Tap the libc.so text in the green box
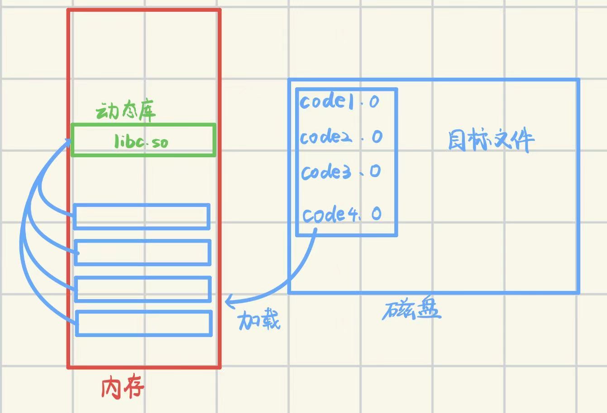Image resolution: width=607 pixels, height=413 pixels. pos(141,142)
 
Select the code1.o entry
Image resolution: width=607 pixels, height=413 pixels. pos(339,102)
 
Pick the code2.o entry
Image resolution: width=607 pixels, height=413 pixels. pos(341,136)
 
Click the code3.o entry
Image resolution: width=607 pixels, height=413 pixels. pos(341,172)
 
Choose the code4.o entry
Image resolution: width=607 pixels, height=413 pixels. pos(342,214)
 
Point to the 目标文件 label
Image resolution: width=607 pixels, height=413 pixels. pos(491,141)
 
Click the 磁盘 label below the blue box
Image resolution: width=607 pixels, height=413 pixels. pos(411,310)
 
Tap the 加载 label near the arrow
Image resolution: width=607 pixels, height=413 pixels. pos(259,320)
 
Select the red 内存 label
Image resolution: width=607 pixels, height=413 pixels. pos(123,388)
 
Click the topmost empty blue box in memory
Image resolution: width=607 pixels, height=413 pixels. pos(142,217)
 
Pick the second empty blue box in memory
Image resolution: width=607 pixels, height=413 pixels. pos(143,252)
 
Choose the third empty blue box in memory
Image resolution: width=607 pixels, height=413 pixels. pos(143,288)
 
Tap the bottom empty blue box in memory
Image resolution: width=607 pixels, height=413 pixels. pos(144,323)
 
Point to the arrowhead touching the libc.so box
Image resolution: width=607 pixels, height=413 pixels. pos(68,142)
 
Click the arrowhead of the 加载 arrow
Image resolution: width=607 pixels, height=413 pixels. pos(229,300)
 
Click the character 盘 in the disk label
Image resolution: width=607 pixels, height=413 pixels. pos(426,310)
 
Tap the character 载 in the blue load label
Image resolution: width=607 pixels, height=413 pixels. pos(270,320)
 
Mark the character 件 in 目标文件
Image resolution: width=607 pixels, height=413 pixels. pos(522,141)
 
